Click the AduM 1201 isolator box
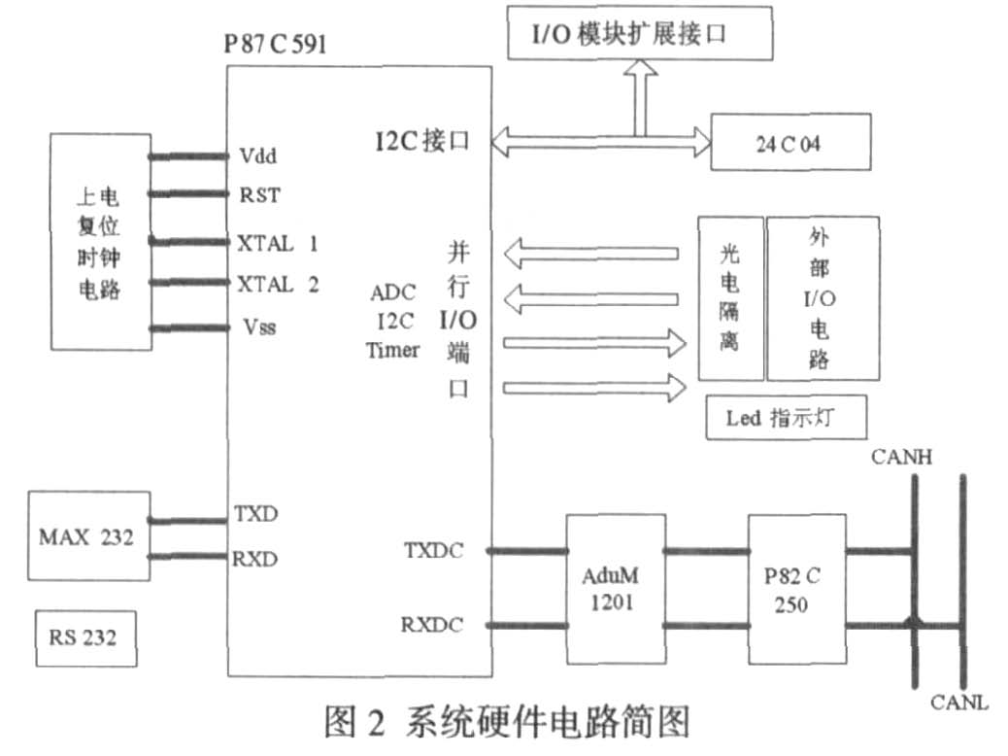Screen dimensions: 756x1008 coord(615,589)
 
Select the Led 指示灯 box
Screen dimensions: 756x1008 coord(784,419)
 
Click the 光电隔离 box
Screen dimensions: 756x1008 coord(729,298)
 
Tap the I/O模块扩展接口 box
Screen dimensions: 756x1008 coord(640,35)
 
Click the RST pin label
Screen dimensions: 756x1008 coord(259,195)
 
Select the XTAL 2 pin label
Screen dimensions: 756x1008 coord(278,284)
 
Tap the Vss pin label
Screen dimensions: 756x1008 coord(257,326)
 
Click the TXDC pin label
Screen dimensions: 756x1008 coord(433,551)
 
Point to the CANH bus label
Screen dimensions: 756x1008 coord(902,456)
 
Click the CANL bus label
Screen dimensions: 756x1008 coord(959,702)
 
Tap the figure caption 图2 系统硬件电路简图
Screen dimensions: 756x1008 coord(506,725)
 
